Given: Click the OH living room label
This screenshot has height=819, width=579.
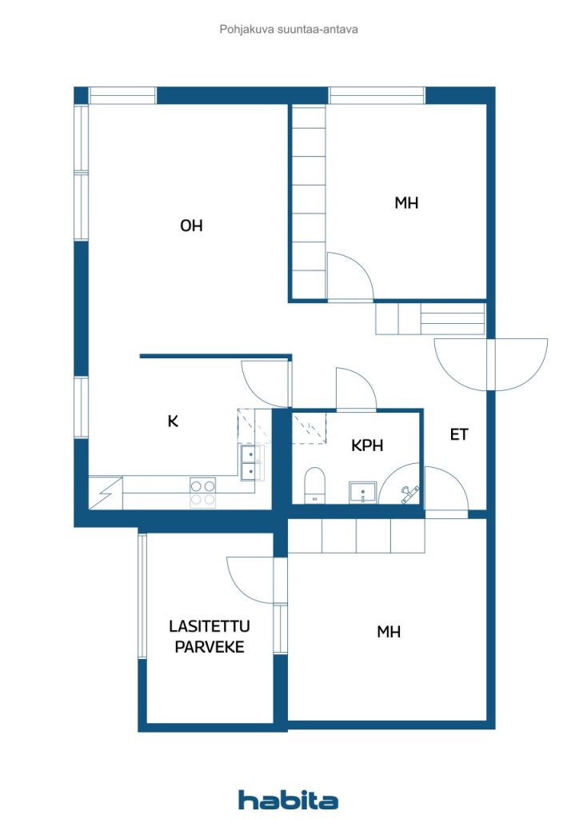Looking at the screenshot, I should coord(191,226).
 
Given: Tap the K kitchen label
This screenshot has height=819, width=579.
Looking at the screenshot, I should coord(172,421).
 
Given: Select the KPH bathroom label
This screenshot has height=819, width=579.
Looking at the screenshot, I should coord(367,445).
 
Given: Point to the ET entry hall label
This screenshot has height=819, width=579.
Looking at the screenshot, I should coord(458,435).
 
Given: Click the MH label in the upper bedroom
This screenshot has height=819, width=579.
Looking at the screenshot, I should coord(406,203).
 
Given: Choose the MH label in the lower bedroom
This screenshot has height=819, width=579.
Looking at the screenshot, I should coord(389,632).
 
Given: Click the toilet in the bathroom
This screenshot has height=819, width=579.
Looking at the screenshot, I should coord(314,485).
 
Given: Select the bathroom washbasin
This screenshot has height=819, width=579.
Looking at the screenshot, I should coord(363,492).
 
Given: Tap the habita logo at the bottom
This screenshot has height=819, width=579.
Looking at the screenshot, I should coord(288,800).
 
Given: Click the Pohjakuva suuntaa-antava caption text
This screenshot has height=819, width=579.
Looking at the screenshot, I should coord(289,30).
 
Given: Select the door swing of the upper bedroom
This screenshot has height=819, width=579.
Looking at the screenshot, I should coord(349,275).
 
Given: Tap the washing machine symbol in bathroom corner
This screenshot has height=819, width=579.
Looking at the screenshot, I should coord(405,493).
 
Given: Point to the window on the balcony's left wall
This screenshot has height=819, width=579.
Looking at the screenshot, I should coord(142,596).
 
